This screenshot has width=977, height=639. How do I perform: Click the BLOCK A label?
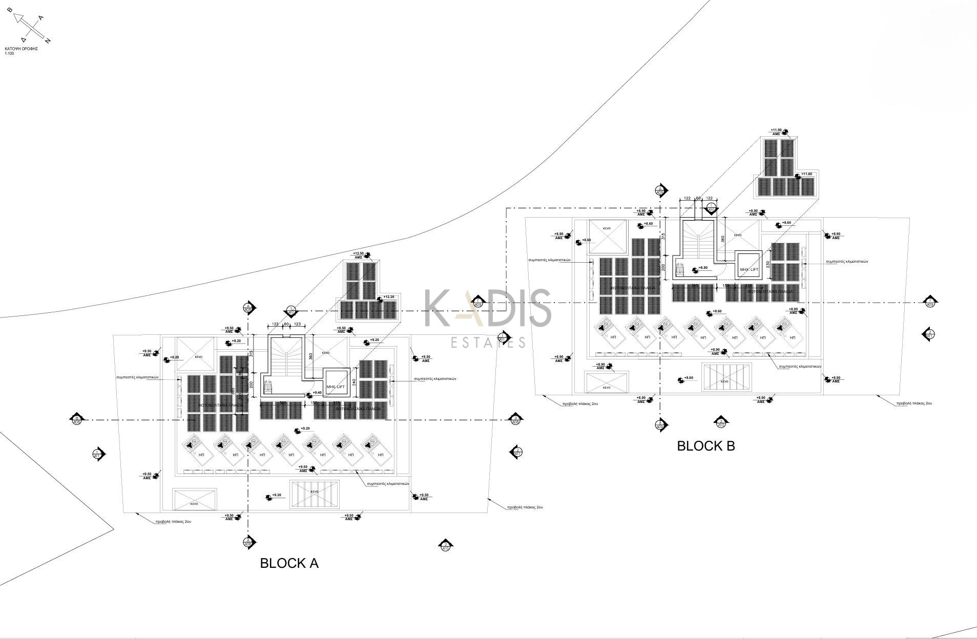[x=289, y=563]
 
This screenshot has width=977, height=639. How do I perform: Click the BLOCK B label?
[x=705, y=446]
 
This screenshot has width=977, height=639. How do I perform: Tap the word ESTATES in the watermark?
[x=488, y=342]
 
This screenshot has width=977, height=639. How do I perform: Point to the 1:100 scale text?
[x=9, y=53]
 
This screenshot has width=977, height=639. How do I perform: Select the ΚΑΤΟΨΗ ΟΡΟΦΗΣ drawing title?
[x=22, y=49]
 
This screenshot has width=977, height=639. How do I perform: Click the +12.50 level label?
[x=358, y=253]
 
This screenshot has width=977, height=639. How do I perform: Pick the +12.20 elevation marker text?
[x=389, y=297]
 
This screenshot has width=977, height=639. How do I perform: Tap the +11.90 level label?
[x=776, y=130]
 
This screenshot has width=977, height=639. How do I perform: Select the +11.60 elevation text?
[x=807, y=174]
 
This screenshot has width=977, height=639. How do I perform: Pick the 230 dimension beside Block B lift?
[x=767, y=264]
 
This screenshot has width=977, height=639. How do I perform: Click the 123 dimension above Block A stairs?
[x=297, y=324]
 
